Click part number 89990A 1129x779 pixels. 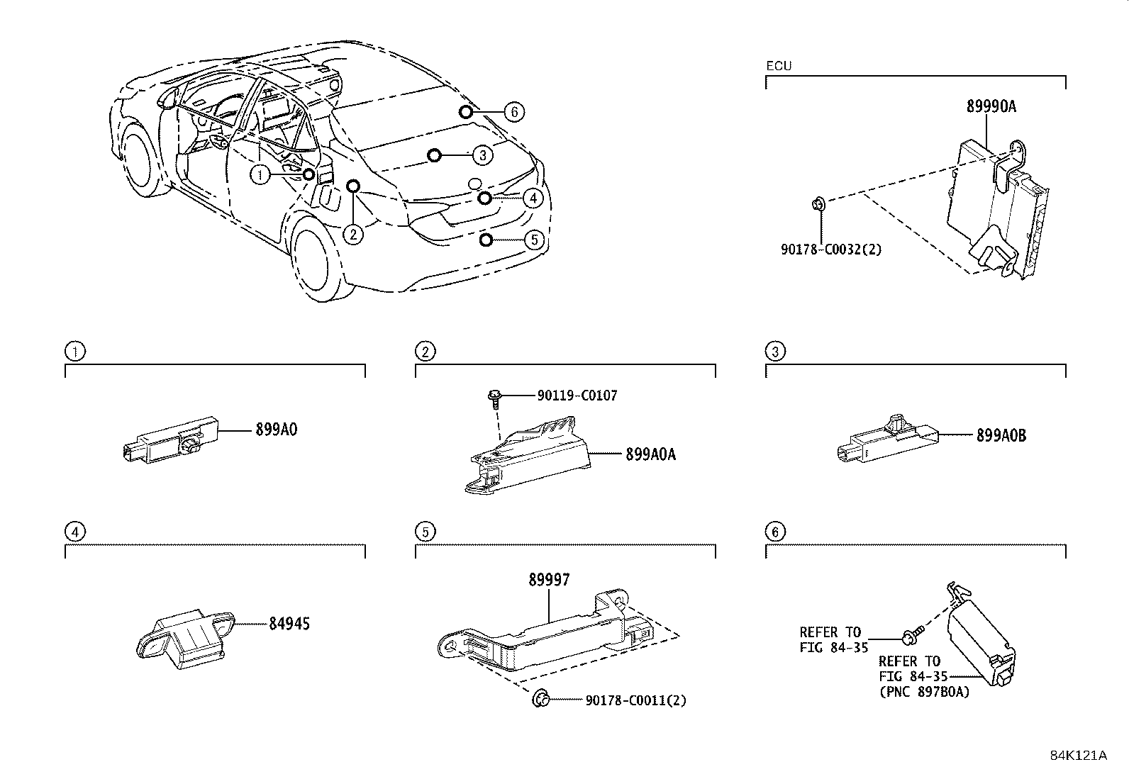click(991, 107)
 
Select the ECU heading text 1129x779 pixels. click(779, 66)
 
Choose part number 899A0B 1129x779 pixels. click(1001, 435)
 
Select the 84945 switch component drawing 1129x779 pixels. click(186, 636)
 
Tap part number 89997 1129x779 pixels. click(548, 581)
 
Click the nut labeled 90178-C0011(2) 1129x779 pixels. click(541, 700)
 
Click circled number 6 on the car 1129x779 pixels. click(515, 111)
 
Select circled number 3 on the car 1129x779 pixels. click(482, 155)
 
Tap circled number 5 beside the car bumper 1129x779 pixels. click(534, 240)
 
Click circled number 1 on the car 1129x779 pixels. click(261, 174)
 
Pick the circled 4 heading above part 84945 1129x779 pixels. click(74, 531)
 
